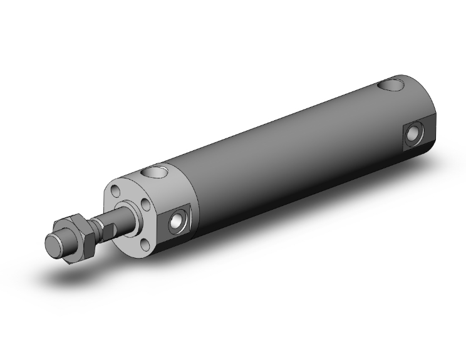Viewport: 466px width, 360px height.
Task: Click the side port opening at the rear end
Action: click(x=413, y=133)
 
